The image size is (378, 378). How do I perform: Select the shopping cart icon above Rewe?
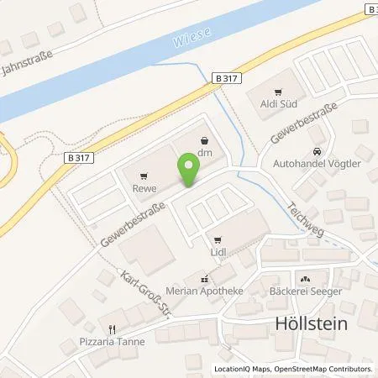tap(145, 176)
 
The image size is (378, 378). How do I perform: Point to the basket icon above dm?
tap(204, 141)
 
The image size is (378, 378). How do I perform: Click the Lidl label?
tap(218, 250)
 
